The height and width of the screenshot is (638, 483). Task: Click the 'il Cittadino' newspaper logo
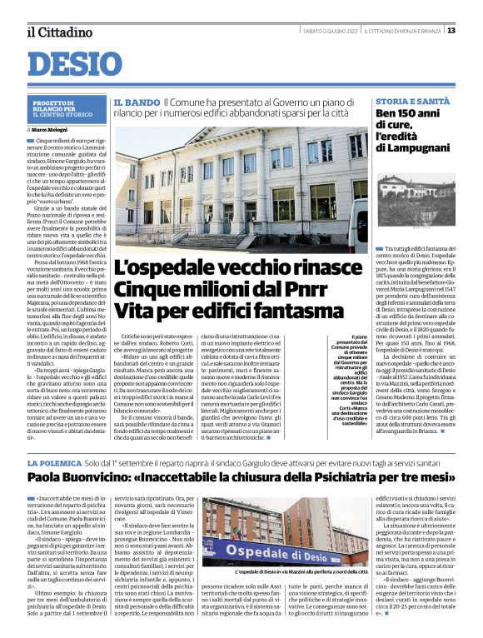point(59,32)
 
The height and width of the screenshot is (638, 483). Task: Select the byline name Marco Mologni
point(72,130)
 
